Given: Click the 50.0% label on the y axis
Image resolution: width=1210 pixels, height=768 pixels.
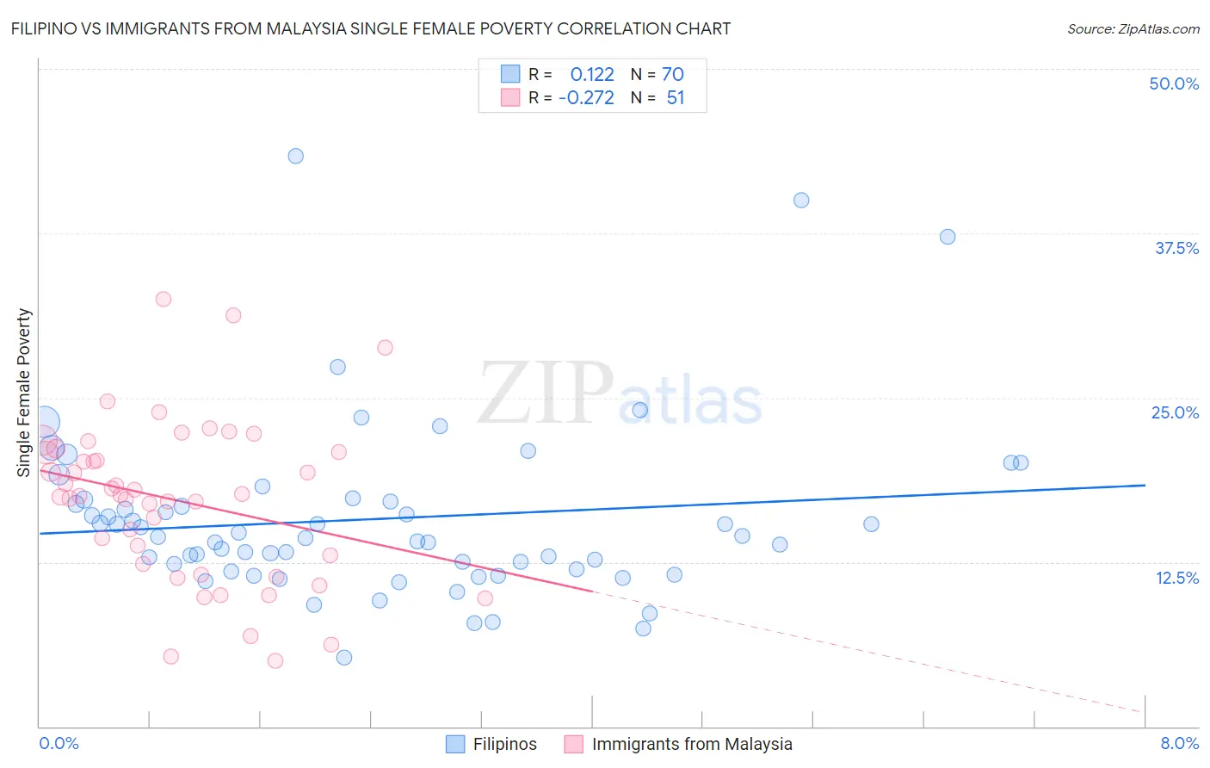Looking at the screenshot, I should coord(1174,84).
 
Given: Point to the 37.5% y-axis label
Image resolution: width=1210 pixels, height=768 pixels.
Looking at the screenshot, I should coord(1176,248).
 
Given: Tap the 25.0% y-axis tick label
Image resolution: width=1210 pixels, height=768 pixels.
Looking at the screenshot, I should coord(1175,412).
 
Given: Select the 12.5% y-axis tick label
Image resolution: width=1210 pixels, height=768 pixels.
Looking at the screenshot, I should coord(1176,578).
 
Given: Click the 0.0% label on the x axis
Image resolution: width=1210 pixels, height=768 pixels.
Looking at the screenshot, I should coord(59,743).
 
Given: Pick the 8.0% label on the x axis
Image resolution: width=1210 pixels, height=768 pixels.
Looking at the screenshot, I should coord(1179,743).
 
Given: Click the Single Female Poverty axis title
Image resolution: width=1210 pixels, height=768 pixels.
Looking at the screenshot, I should coord(24,393).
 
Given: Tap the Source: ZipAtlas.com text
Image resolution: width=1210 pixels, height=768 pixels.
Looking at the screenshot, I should coord(1133,28).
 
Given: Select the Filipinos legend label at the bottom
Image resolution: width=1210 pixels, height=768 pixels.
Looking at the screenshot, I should coord(504,744).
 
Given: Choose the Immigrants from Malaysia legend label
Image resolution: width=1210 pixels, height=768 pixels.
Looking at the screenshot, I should coord(692,744).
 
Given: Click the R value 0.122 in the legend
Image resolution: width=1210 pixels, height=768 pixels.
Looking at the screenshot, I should coord(592,74).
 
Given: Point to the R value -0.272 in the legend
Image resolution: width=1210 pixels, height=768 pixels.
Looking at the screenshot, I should coord(586,97).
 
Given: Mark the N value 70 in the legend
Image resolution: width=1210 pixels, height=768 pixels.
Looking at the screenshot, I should coord(673,74).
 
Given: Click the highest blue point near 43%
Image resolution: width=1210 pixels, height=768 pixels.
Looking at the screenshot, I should coord(295,156).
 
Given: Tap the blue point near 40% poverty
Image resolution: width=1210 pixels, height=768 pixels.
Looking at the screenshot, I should coord(801,200).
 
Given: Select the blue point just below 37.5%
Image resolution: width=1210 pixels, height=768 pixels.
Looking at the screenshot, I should coord(948,237).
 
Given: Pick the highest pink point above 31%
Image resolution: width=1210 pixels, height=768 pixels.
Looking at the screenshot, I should coord(164,299).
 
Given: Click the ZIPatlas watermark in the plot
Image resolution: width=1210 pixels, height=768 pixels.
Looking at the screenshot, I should coord(620,393).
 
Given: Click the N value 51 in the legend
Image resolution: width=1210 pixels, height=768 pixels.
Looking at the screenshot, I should coord(676,97).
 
